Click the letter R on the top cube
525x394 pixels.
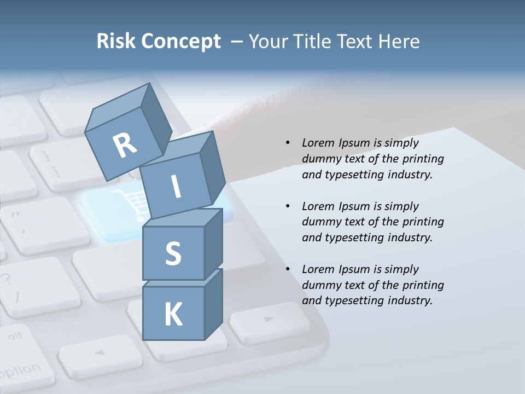(125, 146)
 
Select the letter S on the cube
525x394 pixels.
(173, 253)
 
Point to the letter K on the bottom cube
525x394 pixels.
(173, 314)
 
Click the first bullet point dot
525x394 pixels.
(288, 143)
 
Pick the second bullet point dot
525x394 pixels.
(288, 206)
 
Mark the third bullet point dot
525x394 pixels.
(288, 269)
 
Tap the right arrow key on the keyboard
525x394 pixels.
(269, 321)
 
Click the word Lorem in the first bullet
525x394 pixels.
(318, 143)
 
